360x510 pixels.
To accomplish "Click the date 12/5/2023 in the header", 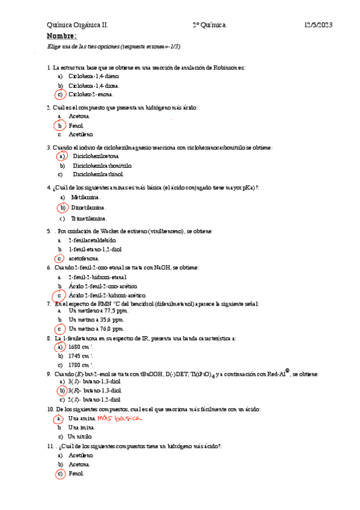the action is (x=319, y=25).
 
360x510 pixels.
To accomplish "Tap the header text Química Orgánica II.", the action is (x=78, y=25).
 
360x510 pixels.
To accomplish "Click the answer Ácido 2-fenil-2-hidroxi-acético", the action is (x=108, y=296).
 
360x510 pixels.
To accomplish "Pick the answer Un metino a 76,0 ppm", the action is (x=96, y=329).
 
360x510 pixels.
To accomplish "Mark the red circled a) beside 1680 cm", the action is (x=59, y=347).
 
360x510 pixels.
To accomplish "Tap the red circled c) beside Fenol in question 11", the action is (x=59, y=474).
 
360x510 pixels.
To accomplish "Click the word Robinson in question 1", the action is (x=226, y=68).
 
